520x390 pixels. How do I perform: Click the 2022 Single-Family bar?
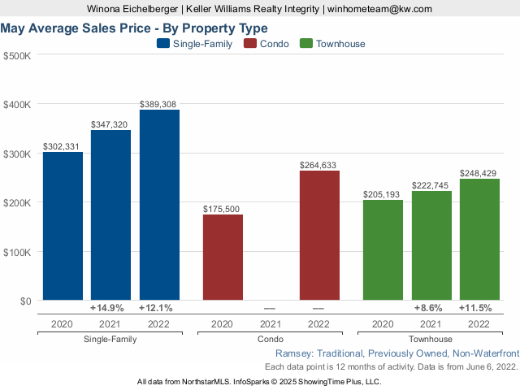tap(159, 205)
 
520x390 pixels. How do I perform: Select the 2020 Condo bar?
tap(222, 258)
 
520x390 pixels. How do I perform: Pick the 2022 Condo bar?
tap(318, 236)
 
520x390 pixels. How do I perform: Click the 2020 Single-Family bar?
tap(63, 226)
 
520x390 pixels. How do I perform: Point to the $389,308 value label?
tap(158, 104)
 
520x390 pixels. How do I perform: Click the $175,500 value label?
tap(222, 209)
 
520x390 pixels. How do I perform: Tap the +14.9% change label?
tap(106, 309)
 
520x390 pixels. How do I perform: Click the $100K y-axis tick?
tap(17, 252)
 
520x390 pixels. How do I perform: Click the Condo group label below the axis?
tap(270, 339)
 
